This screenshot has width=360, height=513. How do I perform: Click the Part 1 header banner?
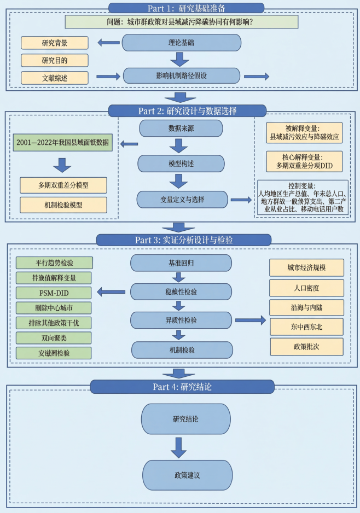186,8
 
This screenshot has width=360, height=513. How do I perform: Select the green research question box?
182,22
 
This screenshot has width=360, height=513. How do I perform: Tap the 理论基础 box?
181,43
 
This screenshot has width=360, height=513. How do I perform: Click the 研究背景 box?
55,42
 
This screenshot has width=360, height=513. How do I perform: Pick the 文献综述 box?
55,77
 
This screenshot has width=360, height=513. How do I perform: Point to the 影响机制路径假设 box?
181,75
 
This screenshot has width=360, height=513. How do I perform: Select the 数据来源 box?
181,128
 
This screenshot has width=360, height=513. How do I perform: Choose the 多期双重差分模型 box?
63,185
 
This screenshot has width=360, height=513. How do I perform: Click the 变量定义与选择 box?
181,199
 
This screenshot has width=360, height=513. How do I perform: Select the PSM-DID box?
54,293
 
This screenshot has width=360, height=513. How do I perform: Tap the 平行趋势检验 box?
54,263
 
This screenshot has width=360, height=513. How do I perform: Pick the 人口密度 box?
306,287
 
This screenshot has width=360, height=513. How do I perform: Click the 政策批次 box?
306,347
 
